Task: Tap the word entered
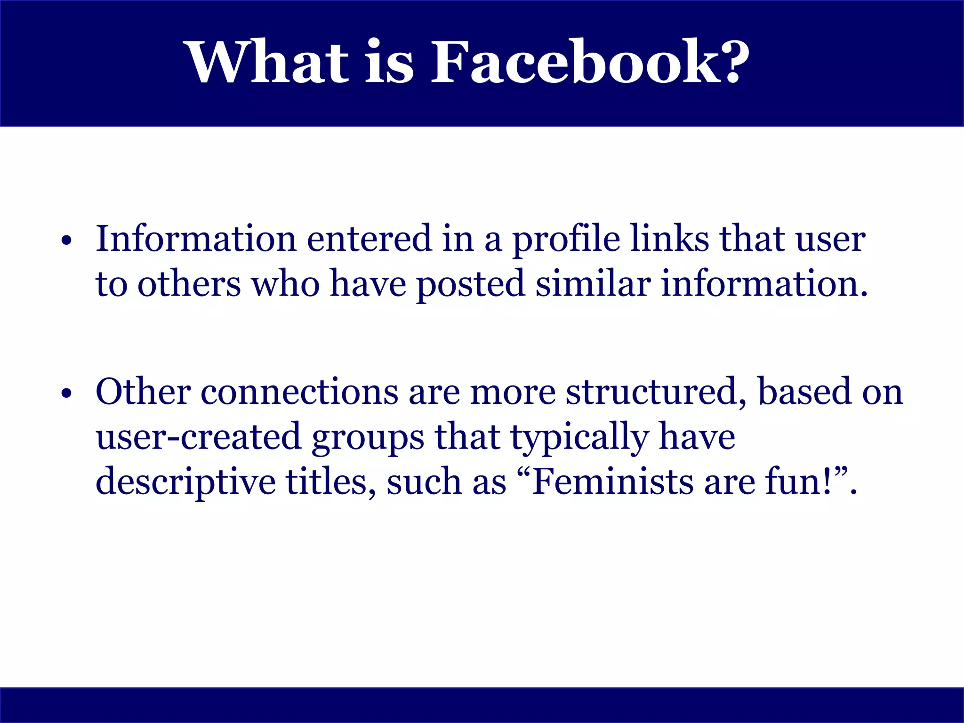(369, 239)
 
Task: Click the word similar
(593, 284)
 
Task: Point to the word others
(189, 284)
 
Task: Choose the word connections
(299, 392)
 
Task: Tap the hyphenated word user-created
(198, 437)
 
